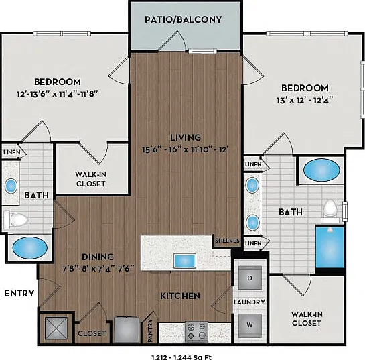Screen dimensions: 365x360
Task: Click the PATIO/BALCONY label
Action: (x=184, y=19)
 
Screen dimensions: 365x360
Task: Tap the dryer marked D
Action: (x=250, y=278)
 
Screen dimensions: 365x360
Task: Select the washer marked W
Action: (x=250, y=325)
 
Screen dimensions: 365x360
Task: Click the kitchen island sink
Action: (x=185, y=261)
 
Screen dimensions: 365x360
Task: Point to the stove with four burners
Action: (x=196, y=333)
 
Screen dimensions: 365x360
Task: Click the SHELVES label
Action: (x=227, y=241)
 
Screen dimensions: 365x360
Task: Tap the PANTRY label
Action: (x=150, y=331)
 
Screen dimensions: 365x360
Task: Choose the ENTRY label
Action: (x=19, y=293)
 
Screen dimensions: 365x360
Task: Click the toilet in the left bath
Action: (x=16, y=219)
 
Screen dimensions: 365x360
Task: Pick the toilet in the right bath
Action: (x=331, y=209)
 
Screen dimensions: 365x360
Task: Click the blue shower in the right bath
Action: (x=330, y=247)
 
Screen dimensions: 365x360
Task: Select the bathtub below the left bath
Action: (x=29, y=248)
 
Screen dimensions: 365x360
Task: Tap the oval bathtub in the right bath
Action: (x=321, y=170)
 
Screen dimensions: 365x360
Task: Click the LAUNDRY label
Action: (x=249, y=302)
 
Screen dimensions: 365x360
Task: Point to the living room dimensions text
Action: (x=185, y=149)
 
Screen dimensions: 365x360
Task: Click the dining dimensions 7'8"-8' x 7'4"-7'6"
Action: (x=98, y=269)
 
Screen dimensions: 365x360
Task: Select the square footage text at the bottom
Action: (x=181, y=357)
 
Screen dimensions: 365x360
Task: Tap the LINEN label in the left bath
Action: (x=11, y=152)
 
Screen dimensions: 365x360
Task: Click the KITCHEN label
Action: (x=180, y=296)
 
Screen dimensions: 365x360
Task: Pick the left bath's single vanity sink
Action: (x=11, y=186)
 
